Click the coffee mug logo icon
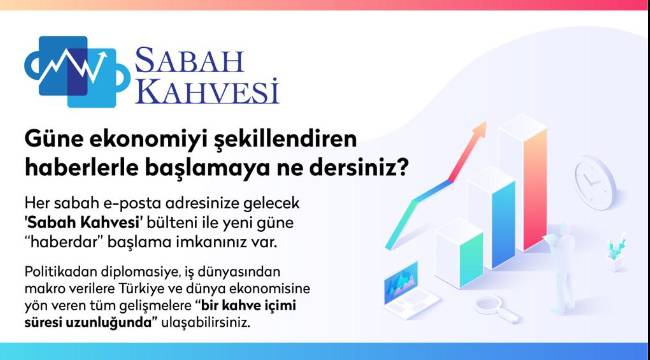[x=77, y=72]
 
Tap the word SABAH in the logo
[x=189, y=60]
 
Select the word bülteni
[x=172, y=223]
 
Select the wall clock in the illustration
[x=595, y=183]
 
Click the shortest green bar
[x=471, y=259]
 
